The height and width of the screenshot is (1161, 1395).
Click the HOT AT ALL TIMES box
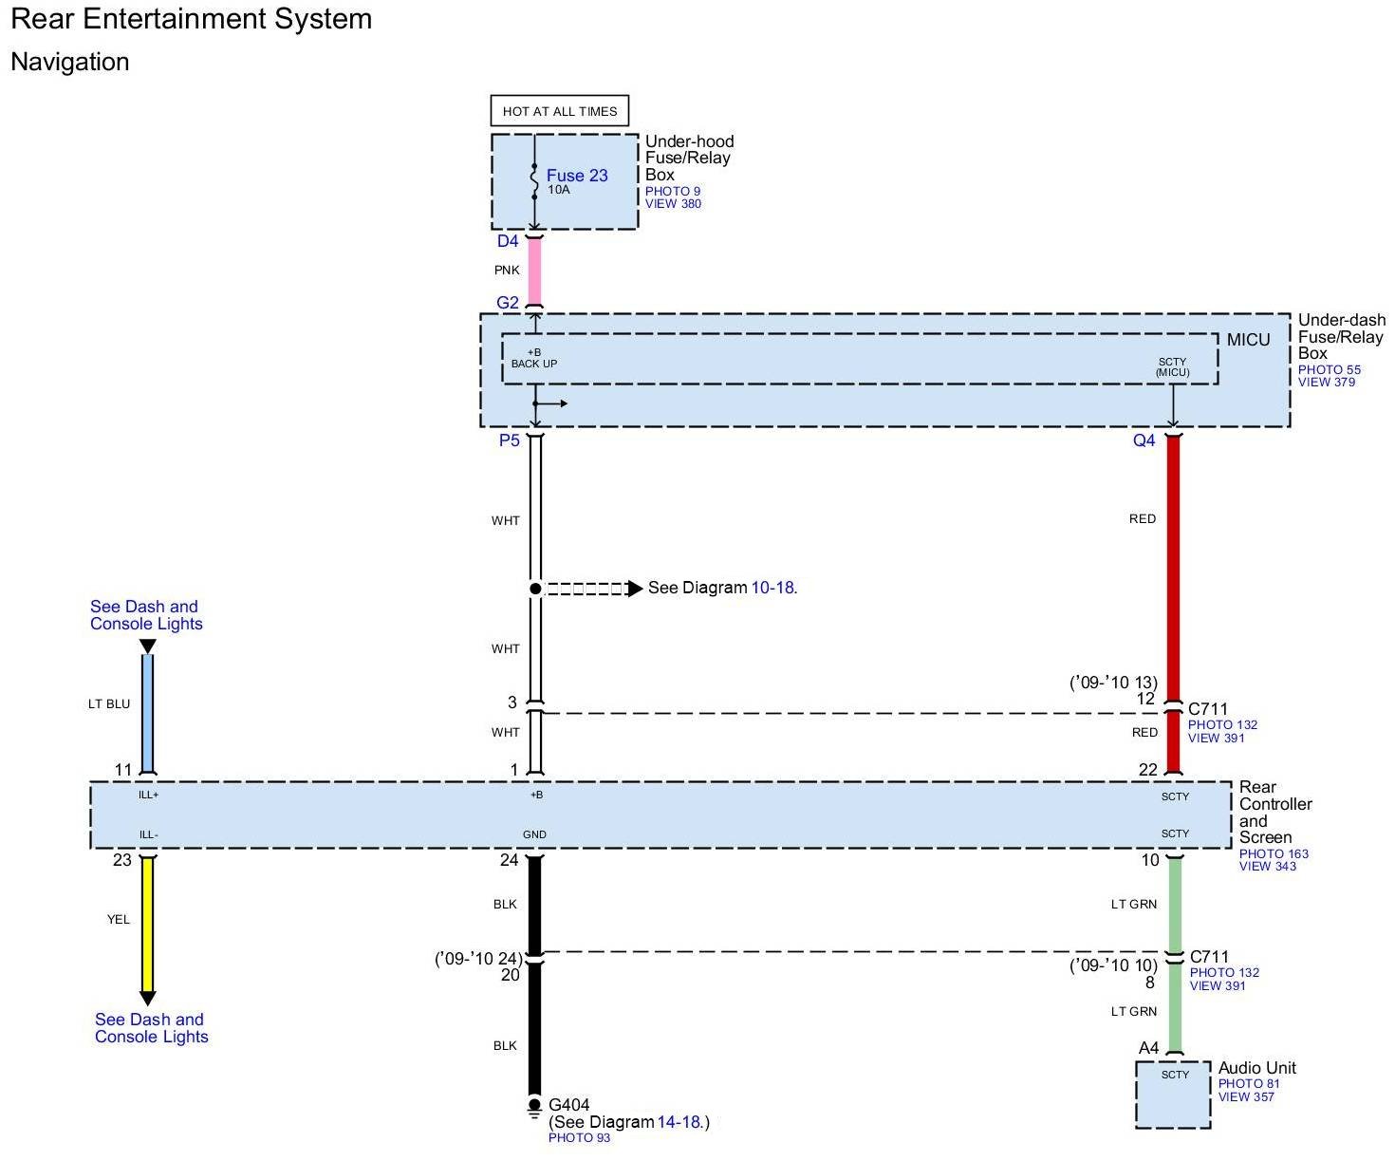(559, 111)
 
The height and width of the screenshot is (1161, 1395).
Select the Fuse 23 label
(577, 176)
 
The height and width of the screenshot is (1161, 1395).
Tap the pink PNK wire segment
(534, 271)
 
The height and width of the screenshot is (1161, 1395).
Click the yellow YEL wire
(147, 921)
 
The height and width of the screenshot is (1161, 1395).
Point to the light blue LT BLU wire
(147, 707)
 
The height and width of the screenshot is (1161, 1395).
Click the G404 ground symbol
(534, 1107)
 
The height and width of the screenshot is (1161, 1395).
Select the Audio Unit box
(1173, 1095)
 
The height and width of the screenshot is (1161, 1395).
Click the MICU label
(1248, 340)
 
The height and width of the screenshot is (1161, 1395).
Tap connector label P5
(510, 440)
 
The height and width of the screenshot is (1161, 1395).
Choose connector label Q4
(1144, 440)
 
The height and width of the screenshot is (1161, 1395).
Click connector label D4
(508, 241)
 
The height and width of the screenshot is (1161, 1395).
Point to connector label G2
(508, 303)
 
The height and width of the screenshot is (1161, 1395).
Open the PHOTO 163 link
(1274, 853)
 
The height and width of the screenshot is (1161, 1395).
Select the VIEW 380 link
(673, 204)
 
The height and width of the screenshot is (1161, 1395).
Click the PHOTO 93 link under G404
(579, 1137)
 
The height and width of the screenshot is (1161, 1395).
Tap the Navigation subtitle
(70, 62)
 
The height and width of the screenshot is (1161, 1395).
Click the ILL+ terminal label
(149, 796)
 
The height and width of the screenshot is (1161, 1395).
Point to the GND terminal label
(534, 834)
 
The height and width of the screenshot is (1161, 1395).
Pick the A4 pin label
(1148, 1048)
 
